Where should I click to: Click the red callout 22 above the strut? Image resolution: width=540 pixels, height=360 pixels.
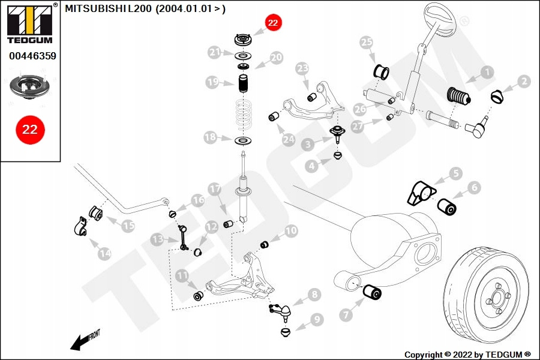273,24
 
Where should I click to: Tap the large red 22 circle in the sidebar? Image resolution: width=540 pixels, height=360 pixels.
30,130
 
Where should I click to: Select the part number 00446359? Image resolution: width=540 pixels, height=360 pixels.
32,56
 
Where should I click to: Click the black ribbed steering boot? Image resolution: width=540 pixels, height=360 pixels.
459,98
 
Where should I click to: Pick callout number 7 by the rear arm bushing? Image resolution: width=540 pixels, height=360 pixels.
346,314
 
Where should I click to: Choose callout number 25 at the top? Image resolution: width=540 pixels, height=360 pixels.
366,43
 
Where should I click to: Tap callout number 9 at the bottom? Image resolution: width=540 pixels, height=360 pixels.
316,320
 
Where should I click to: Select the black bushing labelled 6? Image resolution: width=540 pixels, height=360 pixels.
447,207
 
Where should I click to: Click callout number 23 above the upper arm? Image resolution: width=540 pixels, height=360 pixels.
302,69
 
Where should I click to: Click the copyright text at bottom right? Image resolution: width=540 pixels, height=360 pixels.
467,354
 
